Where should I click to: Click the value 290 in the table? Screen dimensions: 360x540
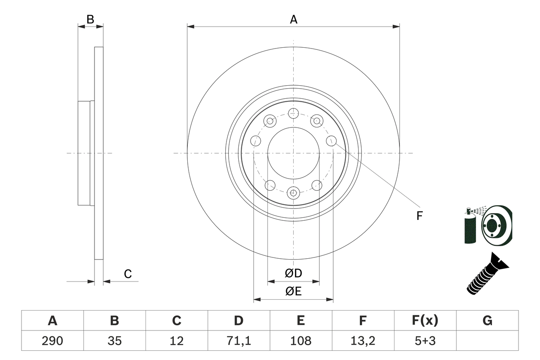tap(52, 341)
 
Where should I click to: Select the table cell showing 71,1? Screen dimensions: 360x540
tap(238, 341)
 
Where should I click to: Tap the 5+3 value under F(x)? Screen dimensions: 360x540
tap(425, 341)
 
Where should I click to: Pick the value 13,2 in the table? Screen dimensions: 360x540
tap(362, 341)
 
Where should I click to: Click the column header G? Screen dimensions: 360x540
tap(487, 321)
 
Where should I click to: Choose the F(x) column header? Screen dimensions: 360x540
tap(425, 321)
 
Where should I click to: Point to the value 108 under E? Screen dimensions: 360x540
tap(300, 341)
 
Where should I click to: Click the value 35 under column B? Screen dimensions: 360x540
tap(114, 341)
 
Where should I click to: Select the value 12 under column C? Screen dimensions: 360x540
tap(176, 341)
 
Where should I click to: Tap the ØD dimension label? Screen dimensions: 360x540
tap(293, 273)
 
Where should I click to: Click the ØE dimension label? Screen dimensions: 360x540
tap(293, 292)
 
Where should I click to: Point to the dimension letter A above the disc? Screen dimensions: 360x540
tap(293, 19)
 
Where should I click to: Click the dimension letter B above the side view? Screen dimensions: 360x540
tap(90, 19)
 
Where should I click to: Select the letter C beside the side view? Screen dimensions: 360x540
tap(128, 274)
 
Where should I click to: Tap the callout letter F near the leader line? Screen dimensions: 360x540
tap(419, 216)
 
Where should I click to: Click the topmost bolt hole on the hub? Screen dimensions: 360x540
tap(293, 113)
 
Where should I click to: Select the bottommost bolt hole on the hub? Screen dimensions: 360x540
tap(293, 193)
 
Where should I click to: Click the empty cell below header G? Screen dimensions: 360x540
tap(487, 341)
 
